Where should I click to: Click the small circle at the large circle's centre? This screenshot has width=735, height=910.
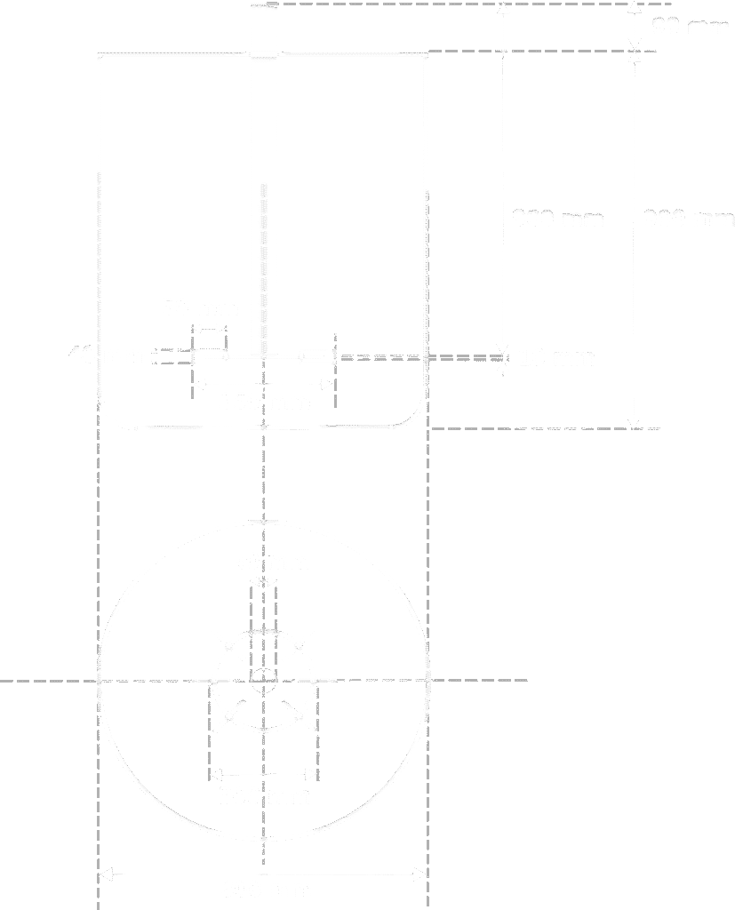click(x=264, y=681)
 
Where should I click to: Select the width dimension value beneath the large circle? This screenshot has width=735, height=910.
click(x=264, y=889)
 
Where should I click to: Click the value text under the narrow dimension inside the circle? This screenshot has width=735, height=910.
click(x=263, y=791)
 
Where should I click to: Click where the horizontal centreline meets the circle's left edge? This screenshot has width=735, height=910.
click(x=100, y=681)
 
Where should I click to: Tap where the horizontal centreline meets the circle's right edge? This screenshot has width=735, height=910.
click(x=428, y=681)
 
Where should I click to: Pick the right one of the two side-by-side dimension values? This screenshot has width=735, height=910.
click(x=688, y=217)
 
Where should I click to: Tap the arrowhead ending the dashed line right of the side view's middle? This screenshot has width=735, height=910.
click(x=502, y=356)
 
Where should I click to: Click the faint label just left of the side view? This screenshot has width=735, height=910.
click(x=75, y=350)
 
